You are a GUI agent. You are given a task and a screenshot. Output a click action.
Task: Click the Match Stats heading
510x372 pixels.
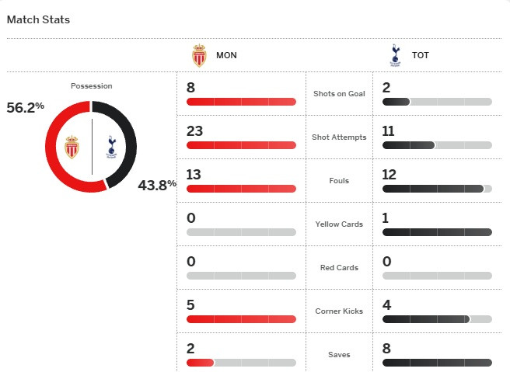tap(38, 19)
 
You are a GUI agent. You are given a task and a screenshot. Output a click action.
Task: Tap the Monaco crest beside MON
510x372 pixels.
tap(200, 56)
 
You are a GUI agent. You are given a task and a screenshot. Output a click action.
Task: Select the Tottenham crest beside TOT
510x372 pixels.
tap(394, 55)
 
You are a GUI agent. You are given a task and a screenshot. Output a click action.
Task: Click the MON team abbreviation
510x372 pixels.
tap(227, 56)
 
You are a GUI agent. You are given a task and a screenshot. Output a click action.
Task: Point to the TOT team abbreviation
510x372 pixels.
tap(421, 56)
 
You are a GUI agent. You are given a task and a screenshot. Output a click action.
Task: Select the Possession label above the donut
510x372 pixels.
tap(91, 85)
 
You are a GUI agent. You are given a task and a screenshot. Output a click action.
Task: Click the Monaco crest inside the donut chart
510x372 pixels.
tap(72, 146)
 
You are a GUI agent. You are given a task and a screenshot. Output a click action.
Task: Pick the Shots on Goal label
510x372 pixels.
tap(338, 94)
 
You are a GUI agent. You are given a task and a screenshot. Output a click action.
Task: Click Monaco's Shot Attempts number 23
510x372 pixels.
tap(194, 131)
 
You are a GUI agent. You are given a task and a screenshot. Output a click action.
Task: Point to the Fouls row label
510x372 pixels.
tap(338, 181)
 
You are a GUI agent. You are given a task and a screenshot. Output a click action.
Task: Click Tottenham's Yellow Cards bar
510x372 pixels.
tap(437, 232)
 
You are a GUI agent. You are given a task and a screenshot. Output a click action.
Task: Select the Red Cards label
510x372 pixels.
tap(338, 268)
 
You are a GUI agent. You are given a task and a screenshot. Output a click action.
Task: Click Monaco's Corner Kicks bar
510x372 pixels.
tap(241, 319)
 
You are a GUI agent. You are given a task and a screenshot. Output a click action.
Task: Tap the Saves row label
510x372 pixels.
tap(338, 355)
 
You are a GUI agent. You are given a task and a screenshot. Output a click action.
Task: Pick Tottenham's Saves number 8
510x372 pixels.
tap(386, 349)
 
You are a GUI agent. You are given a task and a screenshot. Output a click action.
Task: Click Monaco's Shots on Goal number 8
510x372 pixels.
tap(191, 88)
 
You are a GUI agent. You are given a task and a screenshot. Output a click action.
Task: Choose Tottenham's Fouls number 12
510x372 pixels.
tap(389, 175)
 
